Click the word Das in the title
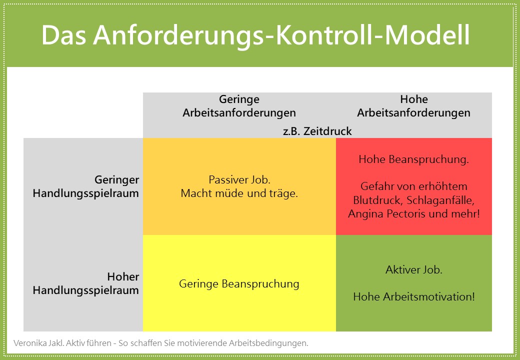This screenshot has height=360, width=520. (63, 35)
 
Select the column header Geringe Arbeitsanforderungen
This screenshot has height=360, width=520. (239, 105)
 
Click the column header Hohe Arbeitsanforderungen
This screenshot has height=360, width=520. (413, 105)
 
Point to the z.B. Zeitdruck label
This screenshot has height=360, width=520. (317, 131)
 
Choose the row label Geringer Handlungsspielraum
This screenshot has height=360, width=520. (86, 186)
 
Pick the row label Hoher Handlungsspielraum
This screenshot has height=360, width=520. (86, 283)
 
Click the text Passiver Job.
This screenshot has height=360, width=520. (239, 179)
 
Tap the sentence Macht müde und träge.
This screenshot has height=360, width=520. (239, 193)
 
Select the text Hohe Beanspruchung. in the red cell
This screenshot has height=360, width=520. (413, 159)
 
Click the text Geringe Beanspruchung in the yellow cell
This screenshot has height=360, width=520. (239, 284)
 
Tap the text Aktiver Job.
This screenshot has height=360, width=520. (414, 269)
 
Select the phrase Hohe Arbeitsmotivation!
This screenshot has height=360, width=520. (414, 296)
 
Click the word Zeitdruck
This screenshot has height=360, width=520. (327, 131)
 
